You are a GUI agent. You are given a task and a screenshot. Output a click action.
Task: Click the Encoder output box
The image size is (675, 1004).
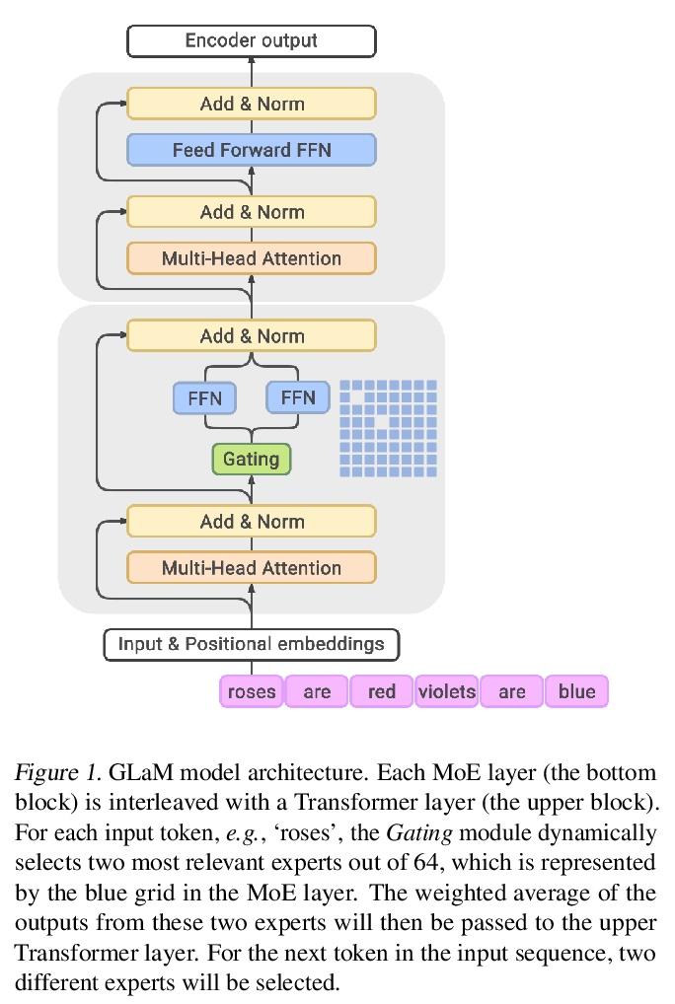coord(252,41)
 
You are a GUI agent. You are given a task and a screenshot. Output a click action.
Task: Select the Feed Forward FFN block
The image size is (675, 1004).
coord(252,150)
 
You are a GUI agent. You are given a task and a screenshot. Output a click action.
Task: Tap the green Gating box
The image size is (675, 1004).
coord(251,459)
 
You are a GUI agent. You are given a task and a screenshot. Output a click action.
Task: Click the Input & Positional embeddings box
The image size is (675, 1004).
coord(252,644)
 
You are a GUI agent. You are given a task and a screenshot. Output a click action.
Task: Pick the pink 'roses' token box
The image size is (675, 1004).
coord(252,691)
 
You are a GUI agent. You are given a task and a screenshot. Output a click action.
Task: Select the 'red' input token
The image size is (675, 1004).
coord(381,691)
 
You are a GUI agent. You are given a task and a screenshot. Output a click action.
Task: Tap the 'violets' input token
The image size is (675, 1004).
coord(446,691)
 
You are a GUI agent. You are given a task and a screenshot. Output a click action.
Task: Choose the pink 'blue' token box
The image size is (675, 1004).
coord(576,691)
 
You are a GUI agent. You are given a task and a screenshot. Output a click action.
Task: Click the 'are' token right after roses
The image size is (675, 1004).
coord(317,691)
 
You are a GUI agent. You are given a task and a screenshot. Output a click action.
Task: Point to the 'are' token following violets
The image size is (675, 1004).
coord(511,691)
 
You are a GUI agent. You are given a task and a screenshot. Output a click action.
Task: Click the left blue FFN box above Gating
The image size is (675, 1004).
coord(205,398)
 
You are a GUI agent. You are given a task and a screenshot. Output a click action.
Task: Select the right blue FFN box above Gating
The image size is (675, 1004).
coord(298,397)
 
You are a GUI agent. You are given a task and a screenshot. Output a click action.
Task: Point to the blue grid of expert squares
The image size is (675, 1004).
coord(388,429)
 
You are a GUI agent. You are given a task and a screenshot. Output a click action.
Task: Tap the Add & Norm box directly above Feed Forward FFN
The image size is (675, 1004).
coord(252,104)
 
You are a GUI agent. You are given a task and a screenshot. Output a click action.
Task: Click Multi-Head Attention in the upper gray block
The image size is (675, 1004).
coord(252,258)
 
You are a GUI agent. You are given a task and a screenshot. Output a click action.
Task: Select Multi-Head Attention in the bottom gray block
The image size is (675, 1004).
coord(252,568)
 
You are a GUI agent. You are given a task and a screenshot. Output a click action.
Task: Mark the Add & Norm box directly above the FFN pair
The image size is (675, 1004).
coord(252,336)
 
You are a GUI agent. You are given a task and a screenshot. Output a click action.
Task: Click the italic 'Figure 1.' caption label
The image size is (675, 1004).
coord(57,771)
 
